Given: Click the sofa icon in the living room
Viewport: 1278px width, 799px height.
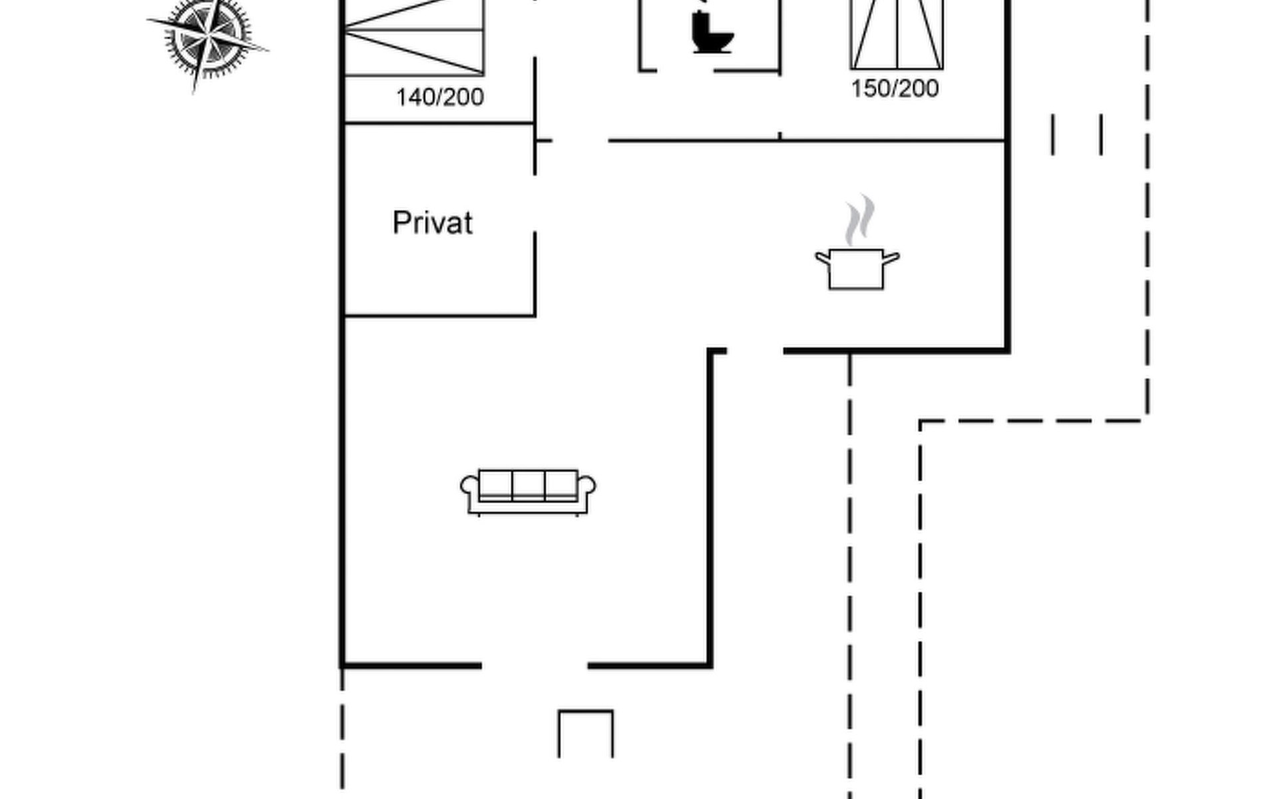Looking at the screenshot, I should point(528,492).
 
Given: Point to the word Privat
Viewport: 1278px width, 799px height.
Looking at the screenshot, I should point(433,223).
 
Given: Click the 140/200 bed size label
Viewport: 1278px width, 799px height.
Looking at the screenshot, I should point(440,98).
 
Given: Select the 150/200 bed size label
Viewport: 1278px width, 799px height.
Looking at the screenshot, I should point(895,89).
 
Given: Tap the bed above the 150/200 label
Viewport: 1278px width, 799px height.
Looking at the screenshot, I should point(897,33).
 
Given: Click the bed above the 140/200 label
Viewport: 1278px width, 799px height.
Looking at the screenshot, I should point(414,37).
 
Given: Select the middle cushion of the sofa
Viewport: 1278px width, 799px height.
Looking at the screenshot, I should point(529,484).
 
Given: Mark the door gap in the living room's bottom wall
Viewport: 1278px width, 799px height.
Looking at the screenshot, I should point(534,665).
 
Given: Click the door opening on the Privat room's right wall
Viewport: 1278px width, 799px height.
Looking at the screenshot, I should point(534,204).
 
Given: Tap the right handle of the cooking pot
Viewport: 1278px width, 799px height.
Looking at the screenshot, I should point(891,257).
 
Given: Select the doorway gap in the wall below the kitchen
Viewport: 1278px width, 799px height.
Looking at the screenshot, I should point(755,350).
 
